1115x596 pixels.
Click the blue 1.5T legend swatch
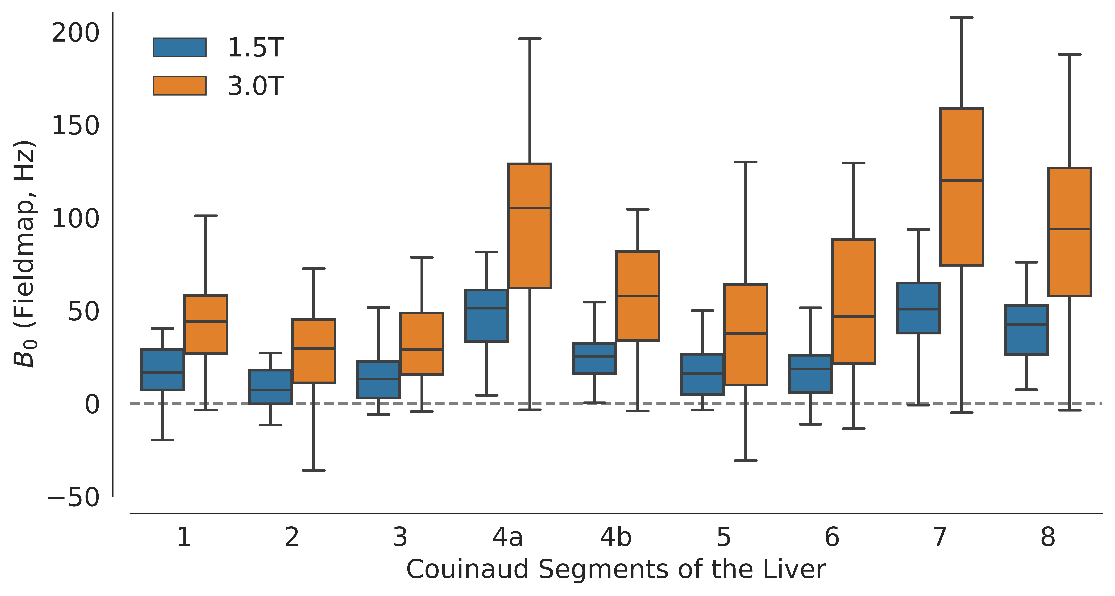pos(180,47)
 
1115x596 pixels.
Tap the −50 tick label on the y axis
pos(74,497)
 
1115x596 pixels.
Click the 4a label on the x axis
pos(508,537)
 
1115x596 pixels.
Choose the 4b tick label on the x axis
pos(616,537)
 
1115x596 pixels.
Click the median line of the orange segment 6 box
pos(854,316)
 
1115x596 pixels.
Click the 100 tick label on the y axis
pos(75,219)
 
